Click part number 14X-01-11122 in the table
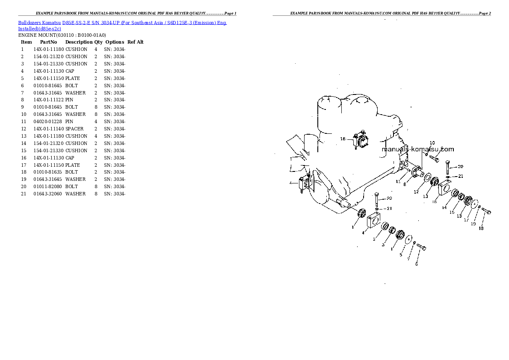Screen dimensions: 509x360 coord(49,100)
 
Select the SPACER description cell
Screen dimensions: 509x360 coord(74,129)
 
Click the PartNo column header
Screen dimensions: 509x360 coord(48,42)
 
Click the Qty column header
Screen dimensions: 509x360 coord(98,42)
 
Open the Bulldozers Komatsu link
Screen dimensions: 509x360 coord(39,23)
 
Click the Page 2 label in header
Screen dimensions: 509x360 coord(485,13)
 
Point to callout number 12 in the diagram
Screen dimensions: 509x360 coord(416,192)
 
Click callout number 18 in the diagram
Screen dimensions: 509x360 coord(481,228)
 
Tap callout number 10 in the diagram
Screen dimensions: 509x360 coord(432,143)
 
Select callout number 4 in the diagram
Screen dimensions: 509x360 coord(363,233)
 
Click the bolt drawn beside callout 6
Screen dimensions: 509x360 coord(421,247)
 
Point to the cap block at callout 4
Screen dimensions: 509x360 coord(374,219)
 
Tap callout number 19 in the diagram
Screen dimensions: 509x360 coord(473,224)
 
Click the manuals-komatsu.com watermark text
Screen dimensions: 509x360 coord(418,149)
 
